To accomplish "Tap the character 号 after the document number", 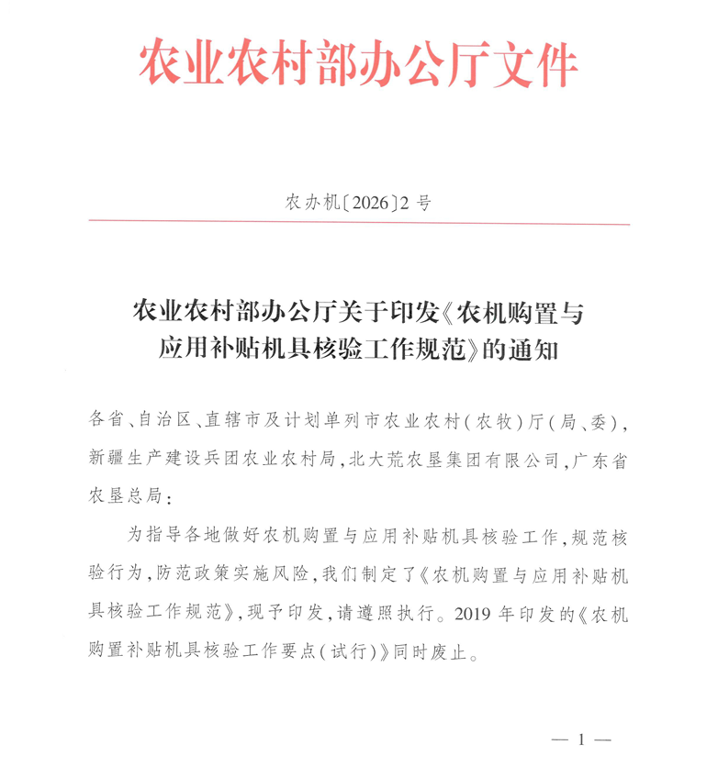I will point(422,203).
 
